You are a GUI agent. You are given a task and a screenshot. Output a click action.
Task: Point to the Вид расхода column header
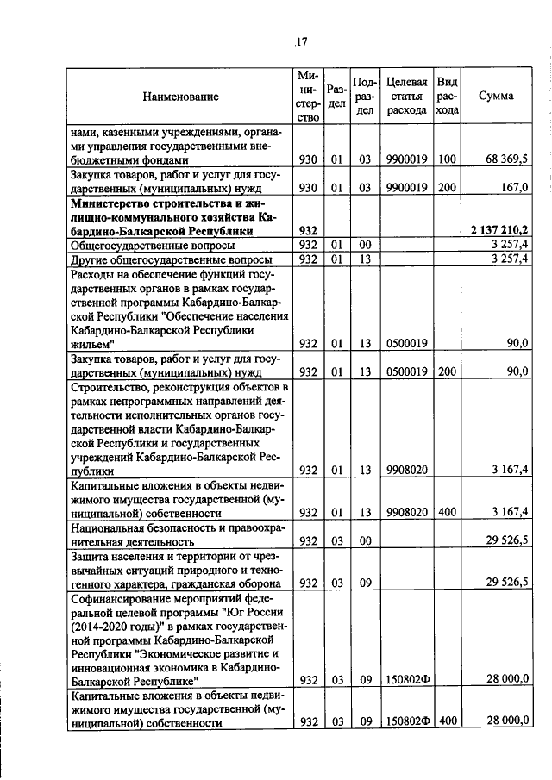(447, 96)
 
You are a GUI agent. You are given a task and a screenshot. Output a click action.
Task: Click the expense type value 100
(446, 159)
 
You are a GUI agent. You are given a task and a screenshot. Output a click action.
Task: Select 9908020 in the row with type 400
(406, 512)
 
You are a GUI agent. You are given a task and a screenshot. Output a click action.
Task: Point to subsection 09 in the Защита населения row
(365, 582)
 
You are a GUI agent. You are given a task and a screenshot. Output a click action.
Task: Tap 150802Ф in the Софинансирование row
(406, 679)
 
